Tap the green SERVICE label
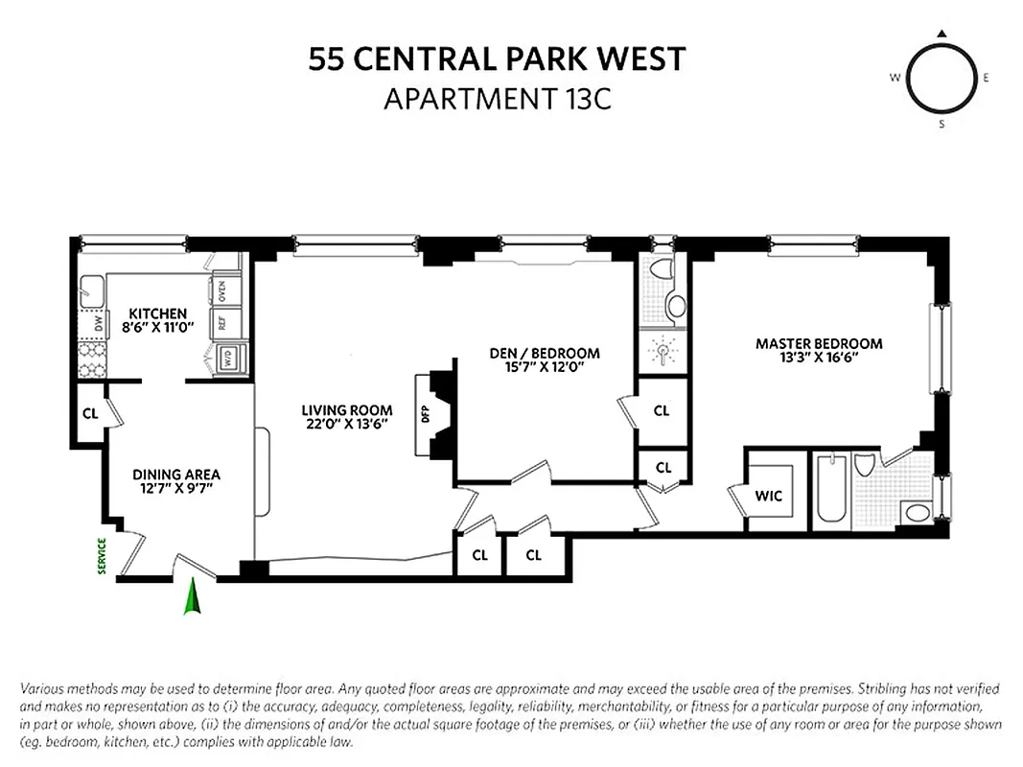102,555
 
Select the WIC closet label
769,496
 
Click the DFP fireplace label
424,414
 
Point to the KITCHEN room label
158,314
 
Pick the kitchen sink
93,289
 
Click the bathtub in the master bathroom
829,490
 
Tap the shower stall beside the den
663,352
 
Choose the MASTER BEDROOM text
819,343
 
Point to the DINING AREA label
176,475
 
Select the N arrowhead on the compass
942,35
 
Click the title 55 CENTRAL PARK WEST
497,59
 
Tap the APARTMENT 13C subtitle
497,99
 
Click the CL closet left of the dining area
90,414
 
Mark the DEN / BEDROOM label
545,353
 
